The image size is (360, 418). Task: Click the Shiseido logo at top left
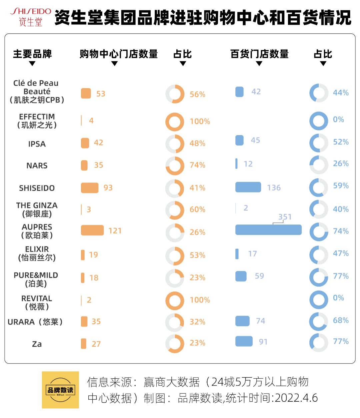(x=31, y=17)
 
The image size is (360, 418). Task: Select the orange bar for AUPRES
(x=92, y=230)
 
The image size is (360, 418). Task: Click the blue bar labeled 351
(x=268, y=230)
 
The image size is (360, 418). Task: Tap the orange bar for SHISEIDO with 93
(x=90, y=188)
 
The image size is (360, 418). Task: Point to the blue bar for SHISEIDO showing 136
(x=248, y=187)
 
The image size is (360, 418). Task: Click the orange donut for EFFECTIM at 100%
(x=175, y=122)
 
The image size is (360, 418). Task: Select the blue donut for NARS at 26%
(x=319, y=164)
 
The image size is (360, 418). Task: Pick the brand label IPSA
(x=37, y=144)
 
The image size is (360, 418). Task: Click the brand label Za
(x=37, y=344)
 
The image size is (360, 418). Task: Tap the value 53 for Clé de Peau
(x=101, y=94)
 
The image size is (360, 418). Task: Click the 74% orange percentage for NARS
(x=197, y=165)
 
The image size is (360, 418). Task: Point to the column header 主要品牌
(x=32, y=54)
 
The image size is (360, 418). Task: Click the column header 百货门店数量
(x=259, y=54)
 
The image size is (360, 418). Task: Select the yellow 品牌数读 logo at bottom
(x=60, y=390)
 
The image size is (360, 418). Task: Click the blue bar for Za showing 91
(x=244, y=341)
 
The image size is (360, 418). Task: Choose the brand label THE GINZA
(x=37, y=210)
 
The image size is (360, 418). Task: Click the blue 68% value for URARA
(x=341, y=320)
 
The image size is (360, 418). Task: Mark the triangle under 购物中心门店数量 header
(x=114, y=64)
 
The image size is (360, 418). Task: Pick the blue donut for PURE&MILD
(x=319, y=277)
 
